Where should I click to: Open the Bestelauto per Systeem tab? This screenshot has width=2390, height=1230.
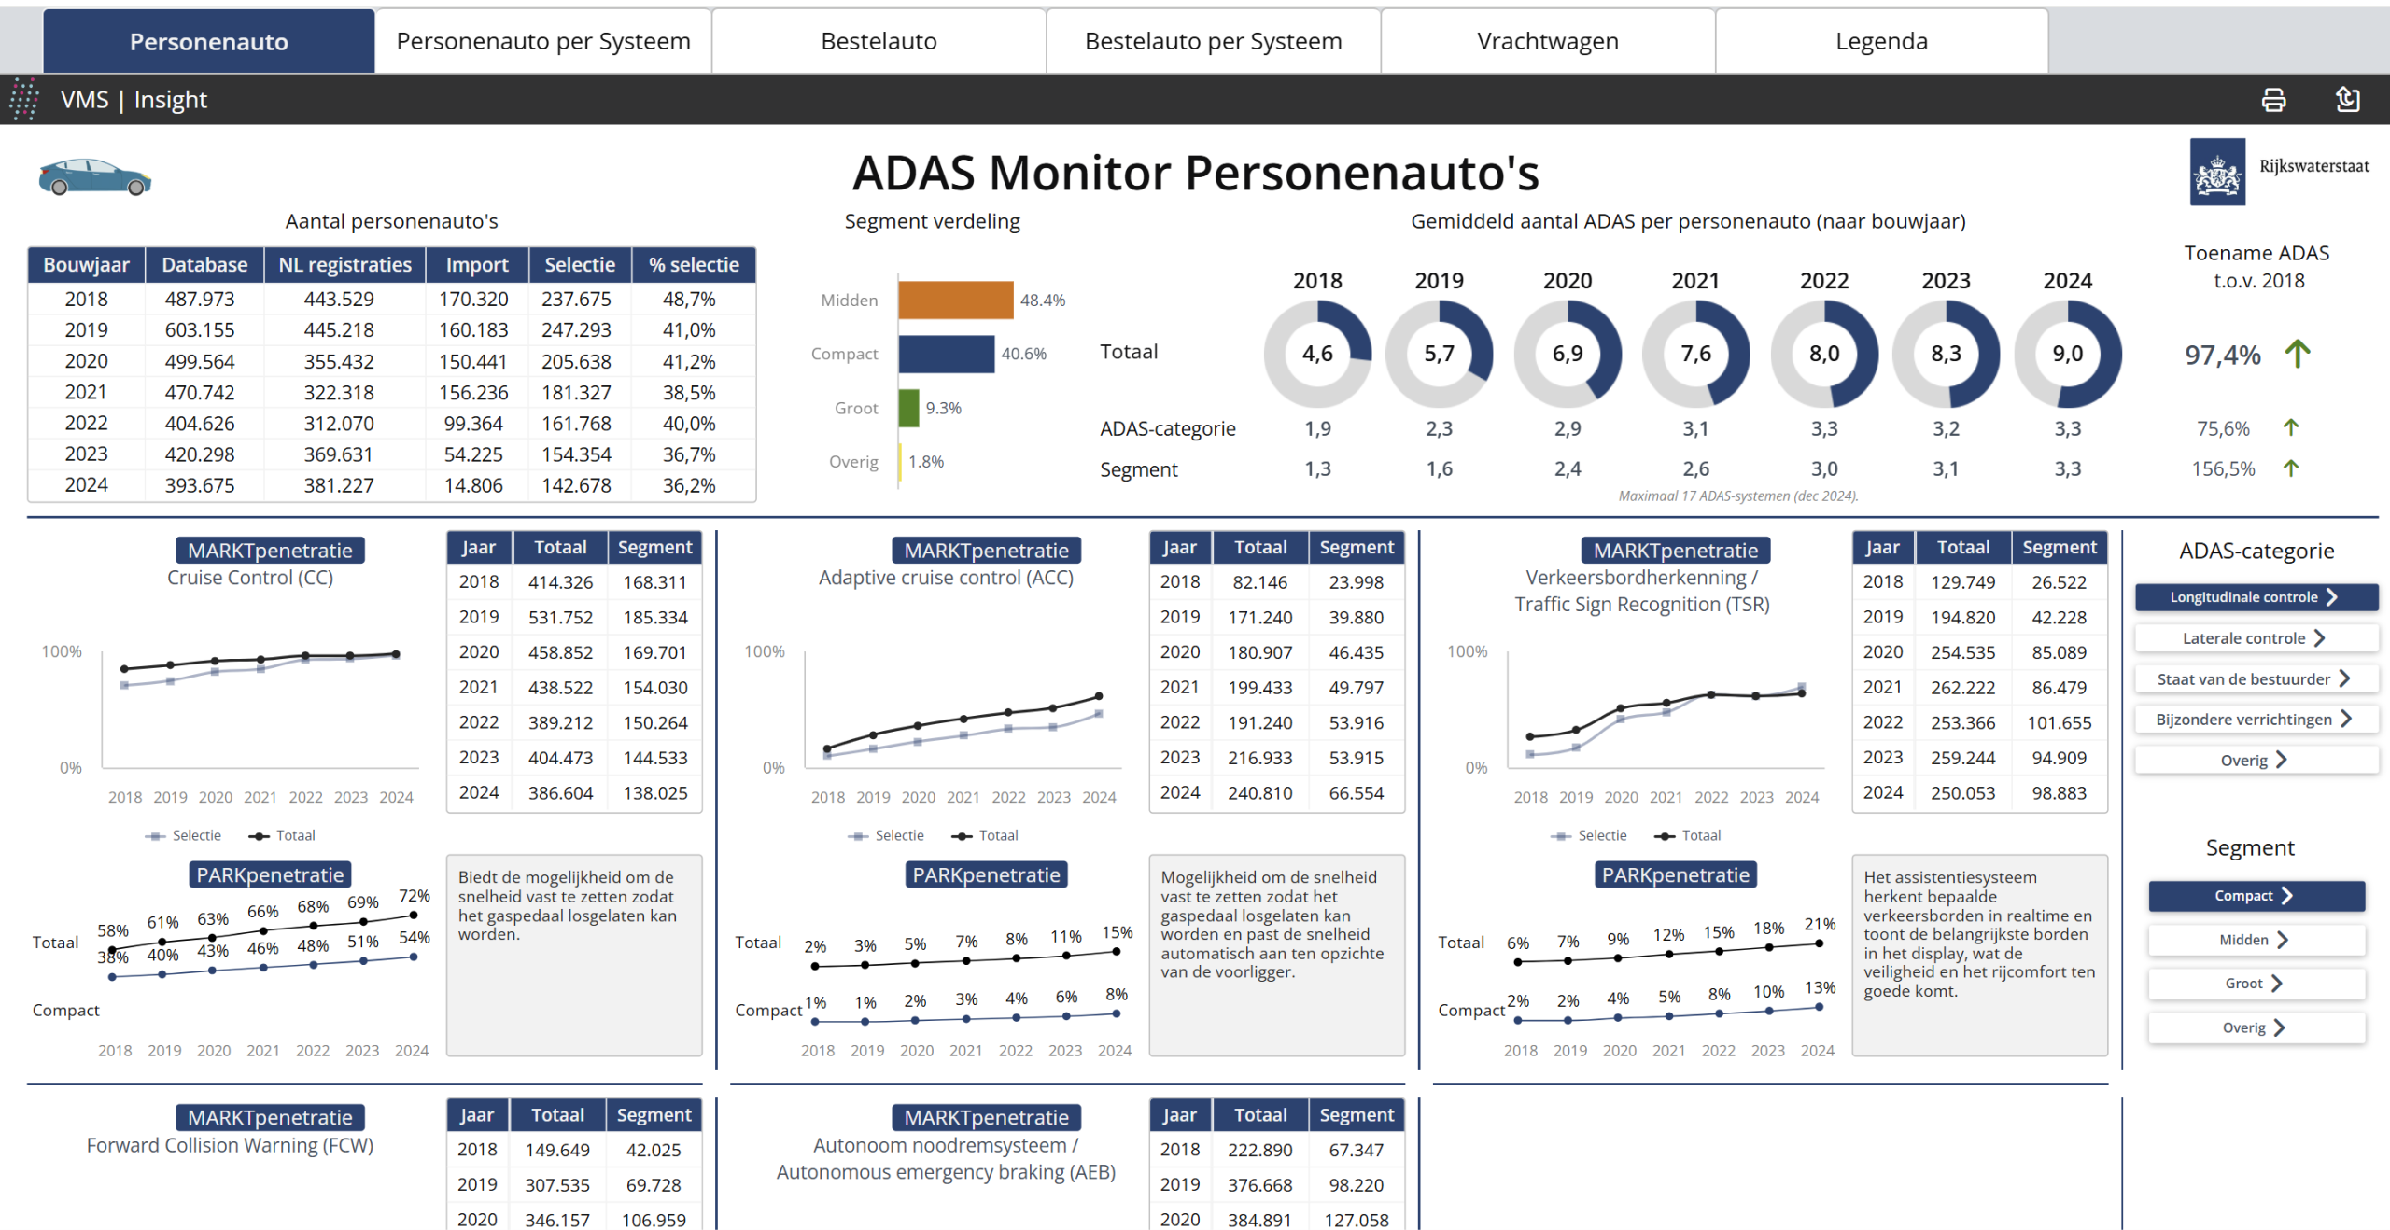pyautogui.click(x=1213, y=41)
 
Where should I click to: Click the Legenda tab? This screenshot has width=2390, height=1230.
pyautogui.click(x=1881, y=41)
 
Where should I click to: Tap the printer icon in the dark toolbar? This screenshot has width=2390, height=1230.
pyautogui.click(x=2273, y=100)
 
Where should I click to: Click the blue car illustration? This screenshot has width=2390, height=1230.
pyautogui.click(x=94, y=176)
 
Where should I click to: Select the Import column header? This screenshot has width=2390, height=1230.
pyautogui.click(x=477, y=265)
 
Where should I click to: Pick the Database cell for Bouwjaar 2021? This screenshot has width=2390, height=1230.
pyautogui.click(x=200, y=392)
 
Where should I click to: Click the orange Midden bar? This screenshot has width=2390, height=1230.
pyautogui.click(x=955, y=300)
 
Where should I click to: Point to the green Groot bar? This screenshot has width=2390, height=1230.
pyautogui.click(x=908, y=408)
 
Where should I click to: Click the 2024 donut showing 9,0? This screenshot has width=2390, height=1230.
pyautogui.click(x=2067, y=354)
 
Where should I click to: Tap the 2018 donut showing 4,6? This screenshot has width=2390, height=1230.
pyautogui.click(x=1317, y=354)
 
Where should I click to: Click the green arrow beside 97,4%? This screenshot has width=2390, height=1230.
pyautogui.click(x=2297, y=354)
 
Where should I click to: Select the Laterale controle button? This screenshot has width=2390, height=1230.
pyautogui.click(x=2255, y=638)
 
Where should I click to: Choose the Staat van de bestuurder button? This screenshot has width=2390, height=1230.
pyautogui.click(x=2255, y=679)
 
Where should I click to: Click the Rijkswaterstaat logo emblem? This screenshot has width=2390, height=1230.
pyautogui.click(x=2217, y=172)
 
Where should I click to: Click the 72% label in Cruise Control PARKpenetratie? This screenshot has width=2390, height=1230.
pyautogui.click(x=414, y=896)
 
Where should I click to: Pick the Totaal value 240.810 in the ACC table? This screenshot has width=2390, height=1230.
pyautogui.click(x=1259, y=792)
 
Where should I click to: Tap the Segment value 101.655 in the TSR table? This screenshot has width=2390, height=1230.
pyautogui.click(x=2059, y=722)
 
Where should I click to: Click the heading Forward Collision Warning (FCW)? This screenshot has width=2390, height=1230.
pyautogui.click(x=230, y=1145)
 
